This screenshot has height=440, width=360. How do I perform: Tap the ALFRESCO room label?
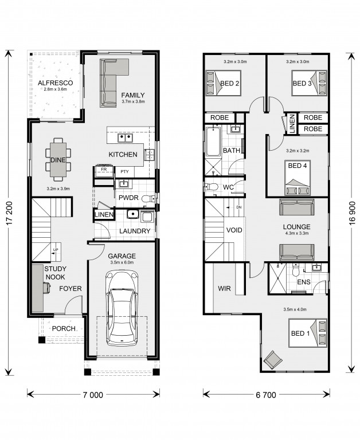click(56, 82)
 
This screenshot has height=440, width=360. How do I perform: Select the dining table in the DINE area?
click(58, 160)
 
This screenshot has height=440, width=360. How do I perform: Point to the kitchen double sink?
click(125, 138)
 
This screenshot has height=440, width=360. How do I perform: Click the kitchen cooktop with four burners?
click(150, 155)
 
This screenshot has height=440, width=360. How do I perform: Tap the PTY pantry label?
click(124, 171)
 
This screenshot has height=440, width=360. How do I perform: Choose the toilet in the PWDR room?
click(148, 199)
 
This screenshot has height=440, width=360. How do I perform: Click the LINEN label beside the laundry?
click(104, 215)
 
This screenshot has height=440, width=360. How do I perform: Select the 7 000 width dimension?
click(93, 395)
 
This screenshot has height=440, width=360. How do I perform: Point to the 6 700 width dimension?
click(266, 395)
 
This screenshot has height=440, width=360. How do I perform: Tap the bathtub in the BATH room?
click(213, 142)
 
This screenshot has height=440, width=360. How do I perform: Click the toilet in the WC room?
click(212, 187)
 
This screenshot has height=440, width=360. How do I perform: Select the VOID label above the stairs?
click(234, 230)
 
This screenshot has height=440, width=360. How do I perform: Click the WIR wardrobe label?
click(224, 289)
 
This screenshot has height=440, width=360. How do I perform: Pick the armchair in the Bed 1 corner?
click(273, 360)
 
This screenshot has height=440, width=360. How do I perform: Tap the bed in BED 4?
click(298, 178)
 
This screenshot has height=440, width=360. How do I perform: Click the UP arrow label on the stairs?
click(56, 249)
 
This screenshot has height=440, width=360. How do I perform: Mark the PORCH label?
click(64, 328)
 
